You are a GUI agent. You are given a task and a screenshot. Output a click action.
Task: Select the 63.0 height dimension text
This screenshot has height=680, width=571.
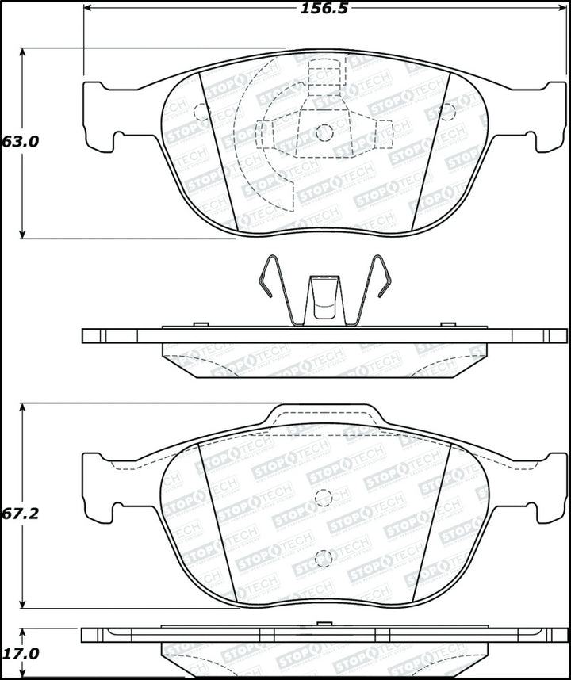[21, 142]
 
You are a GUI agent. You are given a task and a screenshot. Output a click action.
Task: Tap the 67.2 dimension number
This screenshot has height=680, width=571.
[21, 513]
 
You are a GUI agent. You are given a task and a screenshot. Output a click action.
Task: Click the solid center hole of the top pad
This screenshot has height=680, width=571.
[324, 133]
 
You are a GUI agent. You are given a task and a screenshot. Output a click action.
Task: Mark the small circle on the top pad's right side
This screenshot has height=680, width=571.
[447, 112]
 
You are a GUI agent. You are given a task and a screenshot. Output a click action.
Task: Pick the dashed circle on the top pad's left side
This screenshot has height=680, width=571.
[200, 113]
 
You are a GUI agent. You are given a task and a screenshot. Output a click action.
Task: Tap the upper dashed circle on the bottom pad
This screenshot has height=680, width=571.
[323, 498]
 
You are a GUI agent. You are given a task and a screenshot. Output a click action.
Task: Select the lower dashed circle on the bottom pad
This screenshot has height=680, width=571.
[323, 559]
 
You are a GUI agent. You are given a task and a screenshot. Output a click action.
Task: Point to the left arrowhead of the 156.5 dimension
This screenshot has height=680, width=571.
[87, 9]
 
